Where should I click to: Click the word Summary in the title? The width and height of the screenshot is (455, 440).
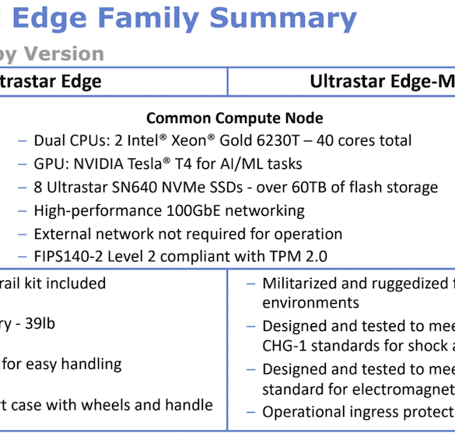pyautogui.click(x=283, y=19)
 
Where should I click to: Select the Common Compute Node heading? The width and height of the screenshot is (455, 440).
pyautogui.click(x=234, y=118)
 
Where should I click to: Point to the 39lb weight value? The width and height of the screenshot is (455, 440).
pyautogui.click(x=40, y=323)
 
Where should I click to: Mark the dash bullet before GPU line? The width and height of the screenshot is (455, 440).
pyautogui.click(x=23, y=164)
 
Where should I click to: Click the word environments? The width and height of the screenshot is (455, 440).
pyautogui.click(x=310, y=303)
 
